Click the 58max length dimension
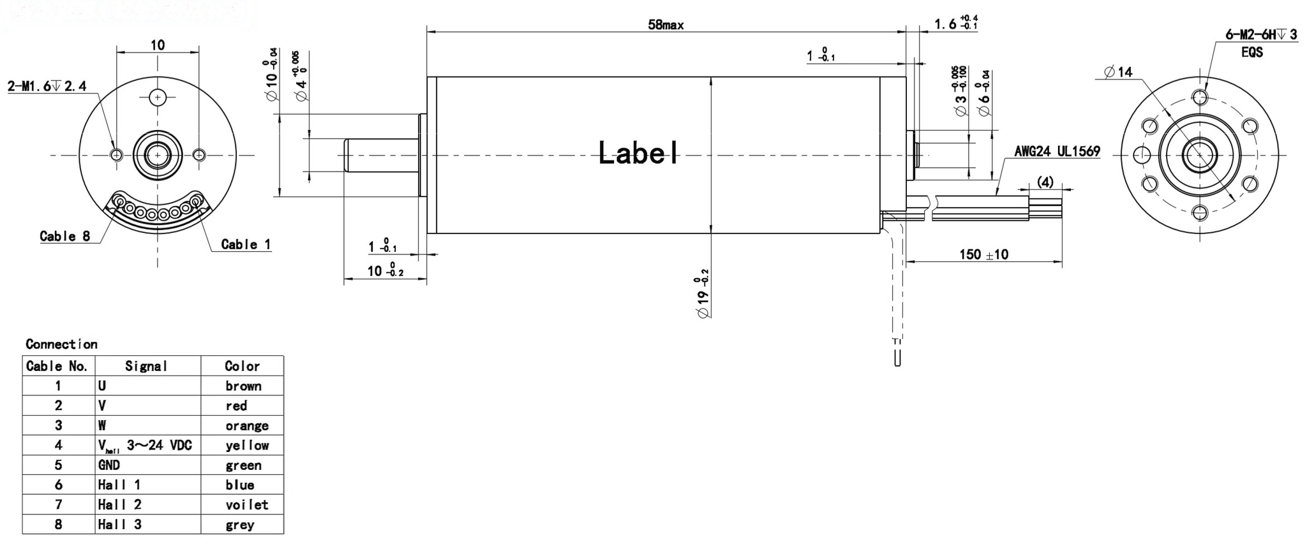click(666, 25)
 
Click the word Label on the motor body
click(638, 153)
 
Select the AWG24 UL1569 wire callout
click(1057, 152)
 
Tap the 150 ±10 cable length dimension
click(983, 254)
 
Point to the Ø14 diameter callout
click(1118, 72)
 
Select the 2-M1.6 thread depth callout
click(47, 85)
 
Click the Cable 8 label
click(64, 237)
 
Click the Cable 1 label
click(246, 244)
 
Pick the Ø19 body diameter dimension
click(703, 294)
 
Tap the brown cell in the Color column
click(243, 386)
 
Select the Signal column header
click(146, 366)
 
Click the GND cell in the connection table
click(109, 465)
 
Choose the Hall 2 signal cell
click(119, 504)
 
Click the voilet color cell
click(246, 505)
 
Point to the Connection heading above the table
click(61, 344)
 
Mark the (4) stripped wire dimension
click(1045, 182)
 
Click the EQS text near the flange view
click(1251, 52)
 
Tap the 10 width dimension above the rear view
click(158, 45)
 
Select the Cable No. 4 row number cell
click(58, 445)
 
